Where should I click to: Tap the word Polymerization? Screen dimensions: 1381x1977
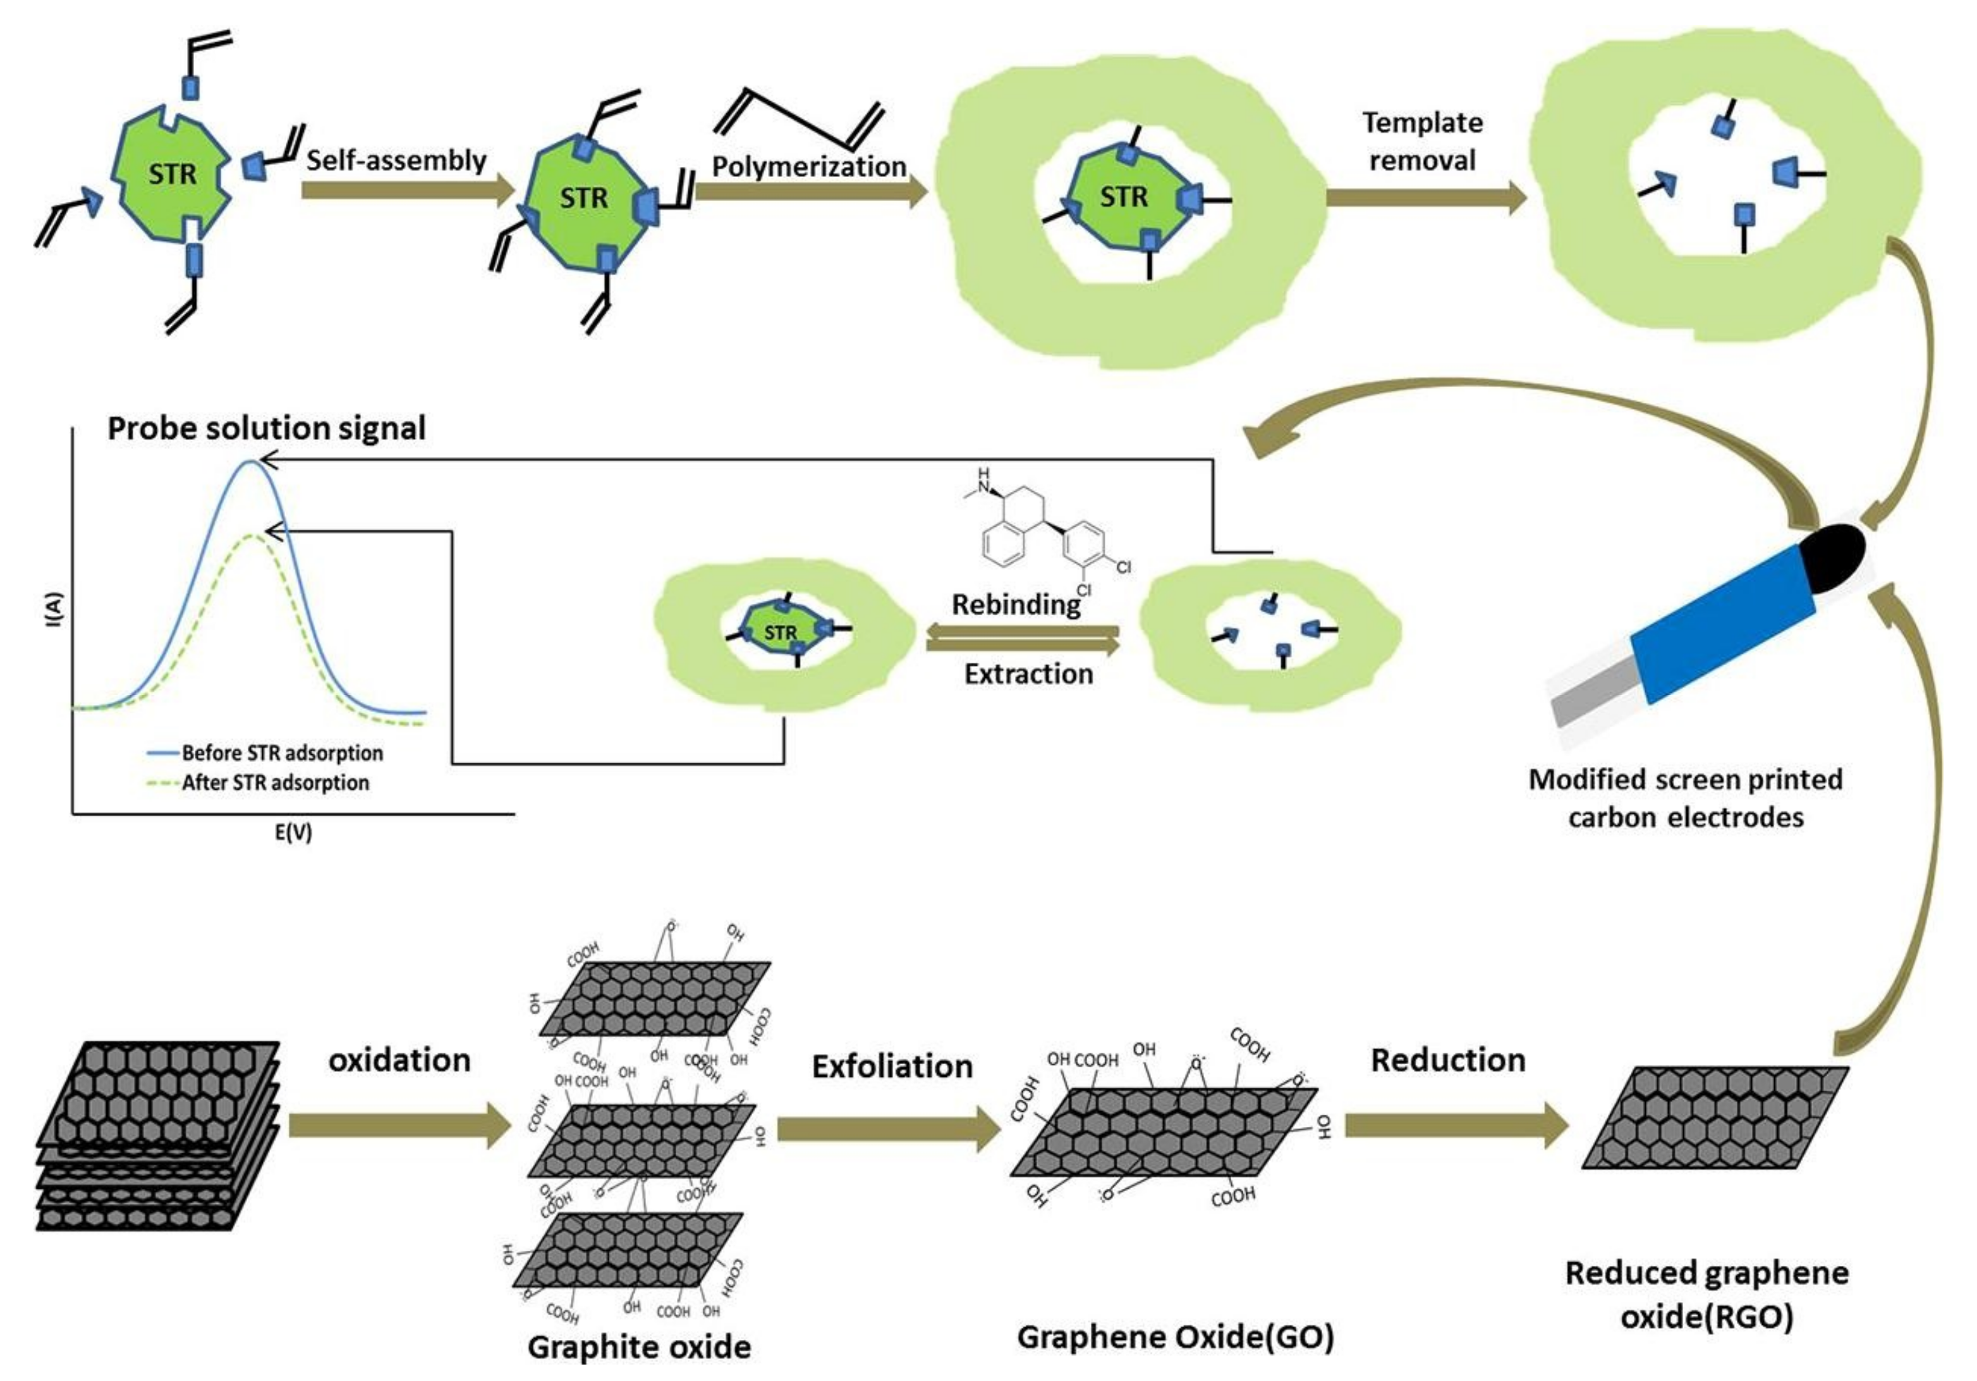tap(808, 166)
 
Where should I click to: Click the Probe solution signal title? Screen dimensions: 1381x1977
tap(266, 428)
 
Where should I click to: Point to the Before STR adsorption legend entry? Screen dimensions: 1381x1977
tap(281, 753)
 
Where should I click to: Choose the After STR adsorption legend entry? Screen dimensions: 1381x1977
tap(275, 783)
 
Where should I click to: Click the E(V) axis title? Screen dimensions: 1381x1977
tap(293, 832)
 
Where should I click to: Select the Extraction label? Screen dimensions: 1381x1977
tap(1028, 673)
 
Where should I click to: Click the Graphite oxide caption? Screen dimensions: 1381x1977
tap(638, 1347)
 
